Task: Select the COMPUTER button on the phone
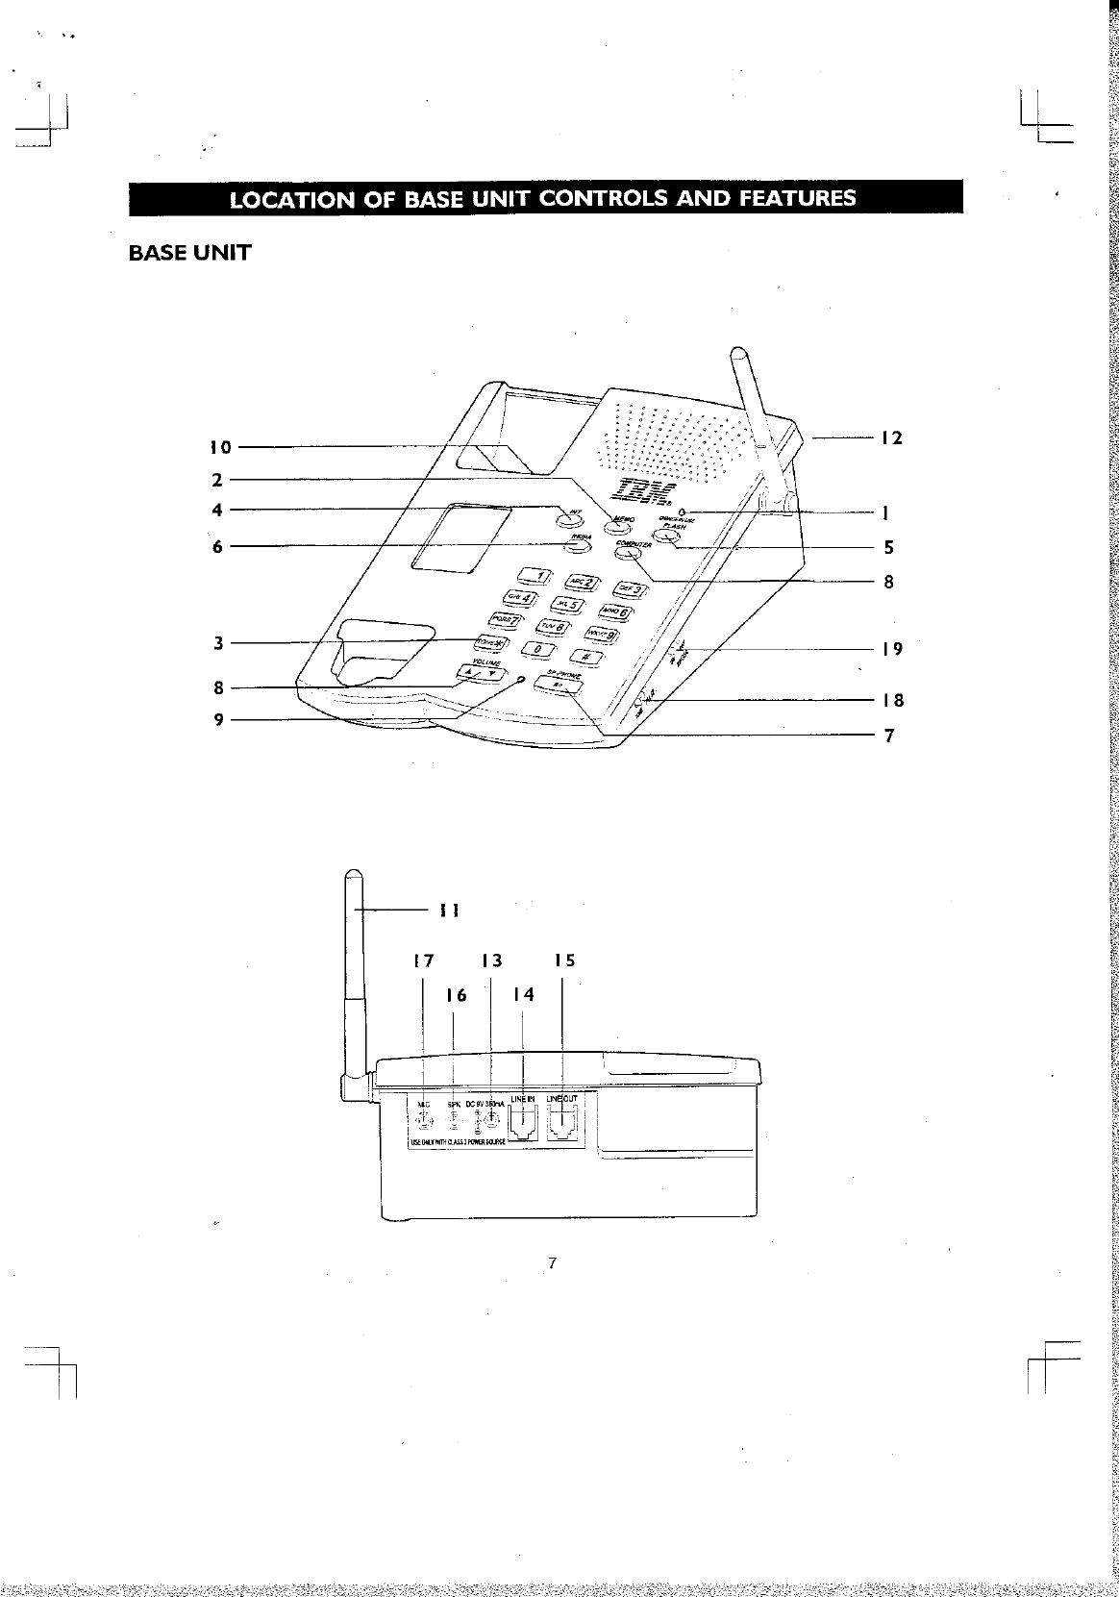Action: [x=629, y=552]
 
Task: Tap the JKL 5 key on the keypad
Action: [x=565, y=604]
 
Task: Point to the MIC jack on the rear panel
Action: [x=422, y=1121]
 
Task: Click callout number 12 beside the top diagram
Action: [x=891, y=438]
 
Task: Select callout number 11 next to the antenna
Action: [x=448, y=910]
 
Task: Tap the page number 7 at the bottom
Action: [x=553, y=1263]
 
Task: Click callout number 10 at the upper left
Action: [x=221, y=447]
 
